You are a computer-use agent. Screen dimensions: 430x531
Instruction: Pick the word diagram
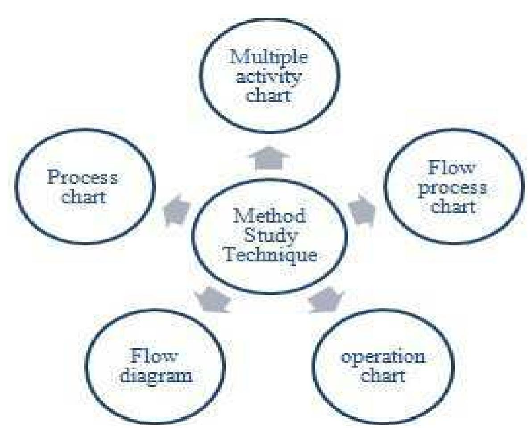coord(155,375)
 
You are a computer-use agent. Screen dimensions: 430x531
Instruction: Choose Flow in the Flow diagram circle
coord(155,356)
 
